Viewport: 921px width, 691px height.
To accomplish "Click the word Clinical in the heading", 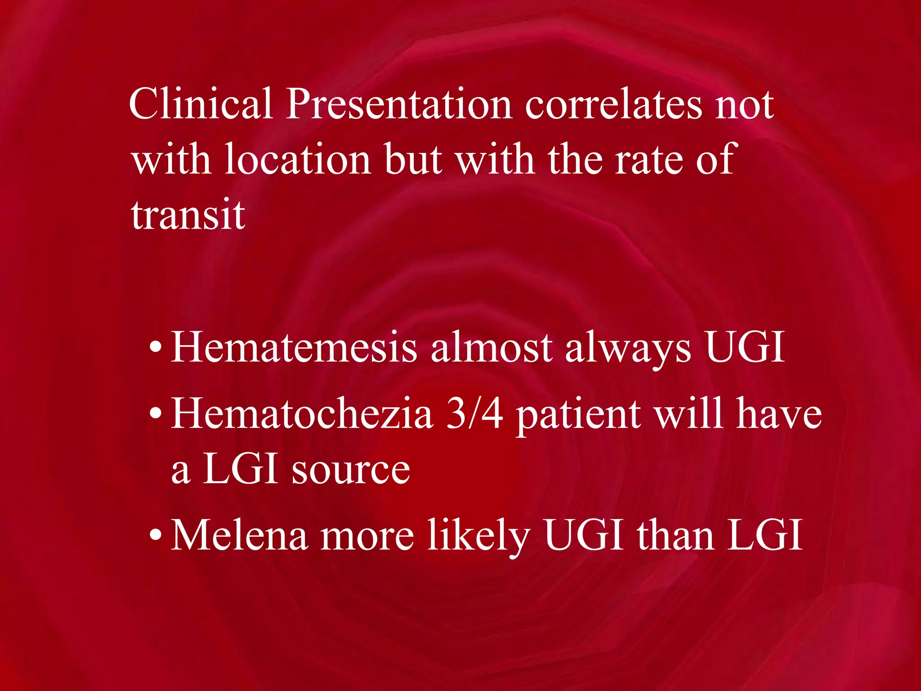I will [x=201, y=104].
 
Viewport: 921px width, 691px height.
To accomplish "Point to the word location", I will [x=297, y=159].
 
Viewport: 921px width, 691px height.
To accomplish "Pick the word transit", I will [x=188, y=215].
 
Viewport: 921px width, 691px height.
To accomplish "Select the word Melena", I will [x=239, y=535].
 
